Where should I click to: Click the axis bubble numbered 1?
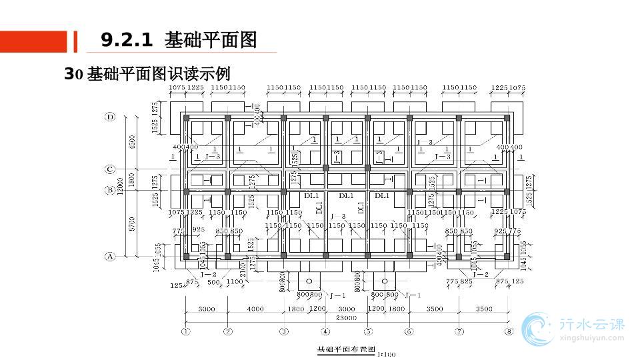click(x=185, y=331)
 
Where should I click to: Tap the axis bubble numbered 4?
click(x=325, y=331)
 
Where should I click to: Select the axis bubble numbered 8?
click(x=509, y=331)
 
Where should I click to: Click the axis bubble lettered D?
click(x=111, y=117)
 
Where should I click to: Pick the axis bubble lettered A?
click(x=111, y=256)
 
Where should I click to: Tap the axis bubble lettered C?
click(x=111, y=169)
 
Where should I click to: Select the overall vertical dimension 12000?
click(x=120, y=187)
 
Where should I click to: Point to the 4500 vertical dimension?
click(x=132, y=143)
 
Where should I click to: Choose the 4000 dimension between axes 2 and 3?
click(x=255, y=309)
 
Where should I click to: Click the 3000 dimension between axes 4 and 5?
click(x=346, y=309)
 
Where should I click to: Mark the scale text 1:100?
click(x=386, y=354)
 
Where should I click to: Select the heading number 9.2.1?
click(x=127, y=40)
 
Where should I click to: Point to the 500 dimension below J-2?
click(x=213, y=283)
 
